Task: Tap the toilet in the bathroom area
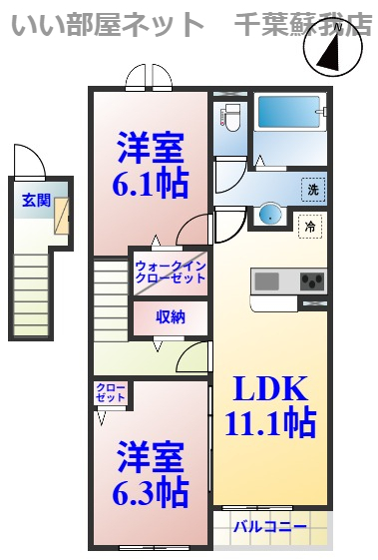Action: coord(230,119)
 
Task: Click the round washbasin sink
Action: coord(269,214)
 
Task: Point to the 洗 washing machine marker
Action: coord(313,187)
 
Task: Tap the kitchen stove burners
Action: coord(313,280)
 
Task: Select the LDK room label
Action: coord(270,387)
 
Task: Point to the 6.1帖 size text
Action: coord(150,186)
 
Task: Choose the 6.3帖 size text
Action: coord(150,490)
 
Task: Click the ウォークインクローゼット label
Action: coord(170,272)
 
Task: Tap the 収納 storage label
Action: coord(170,317)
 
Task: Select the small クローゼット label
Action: coord(111,392)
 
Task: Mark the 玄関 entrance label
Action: coord(37,199)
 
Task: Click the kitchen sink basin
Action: coord(267,280)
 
